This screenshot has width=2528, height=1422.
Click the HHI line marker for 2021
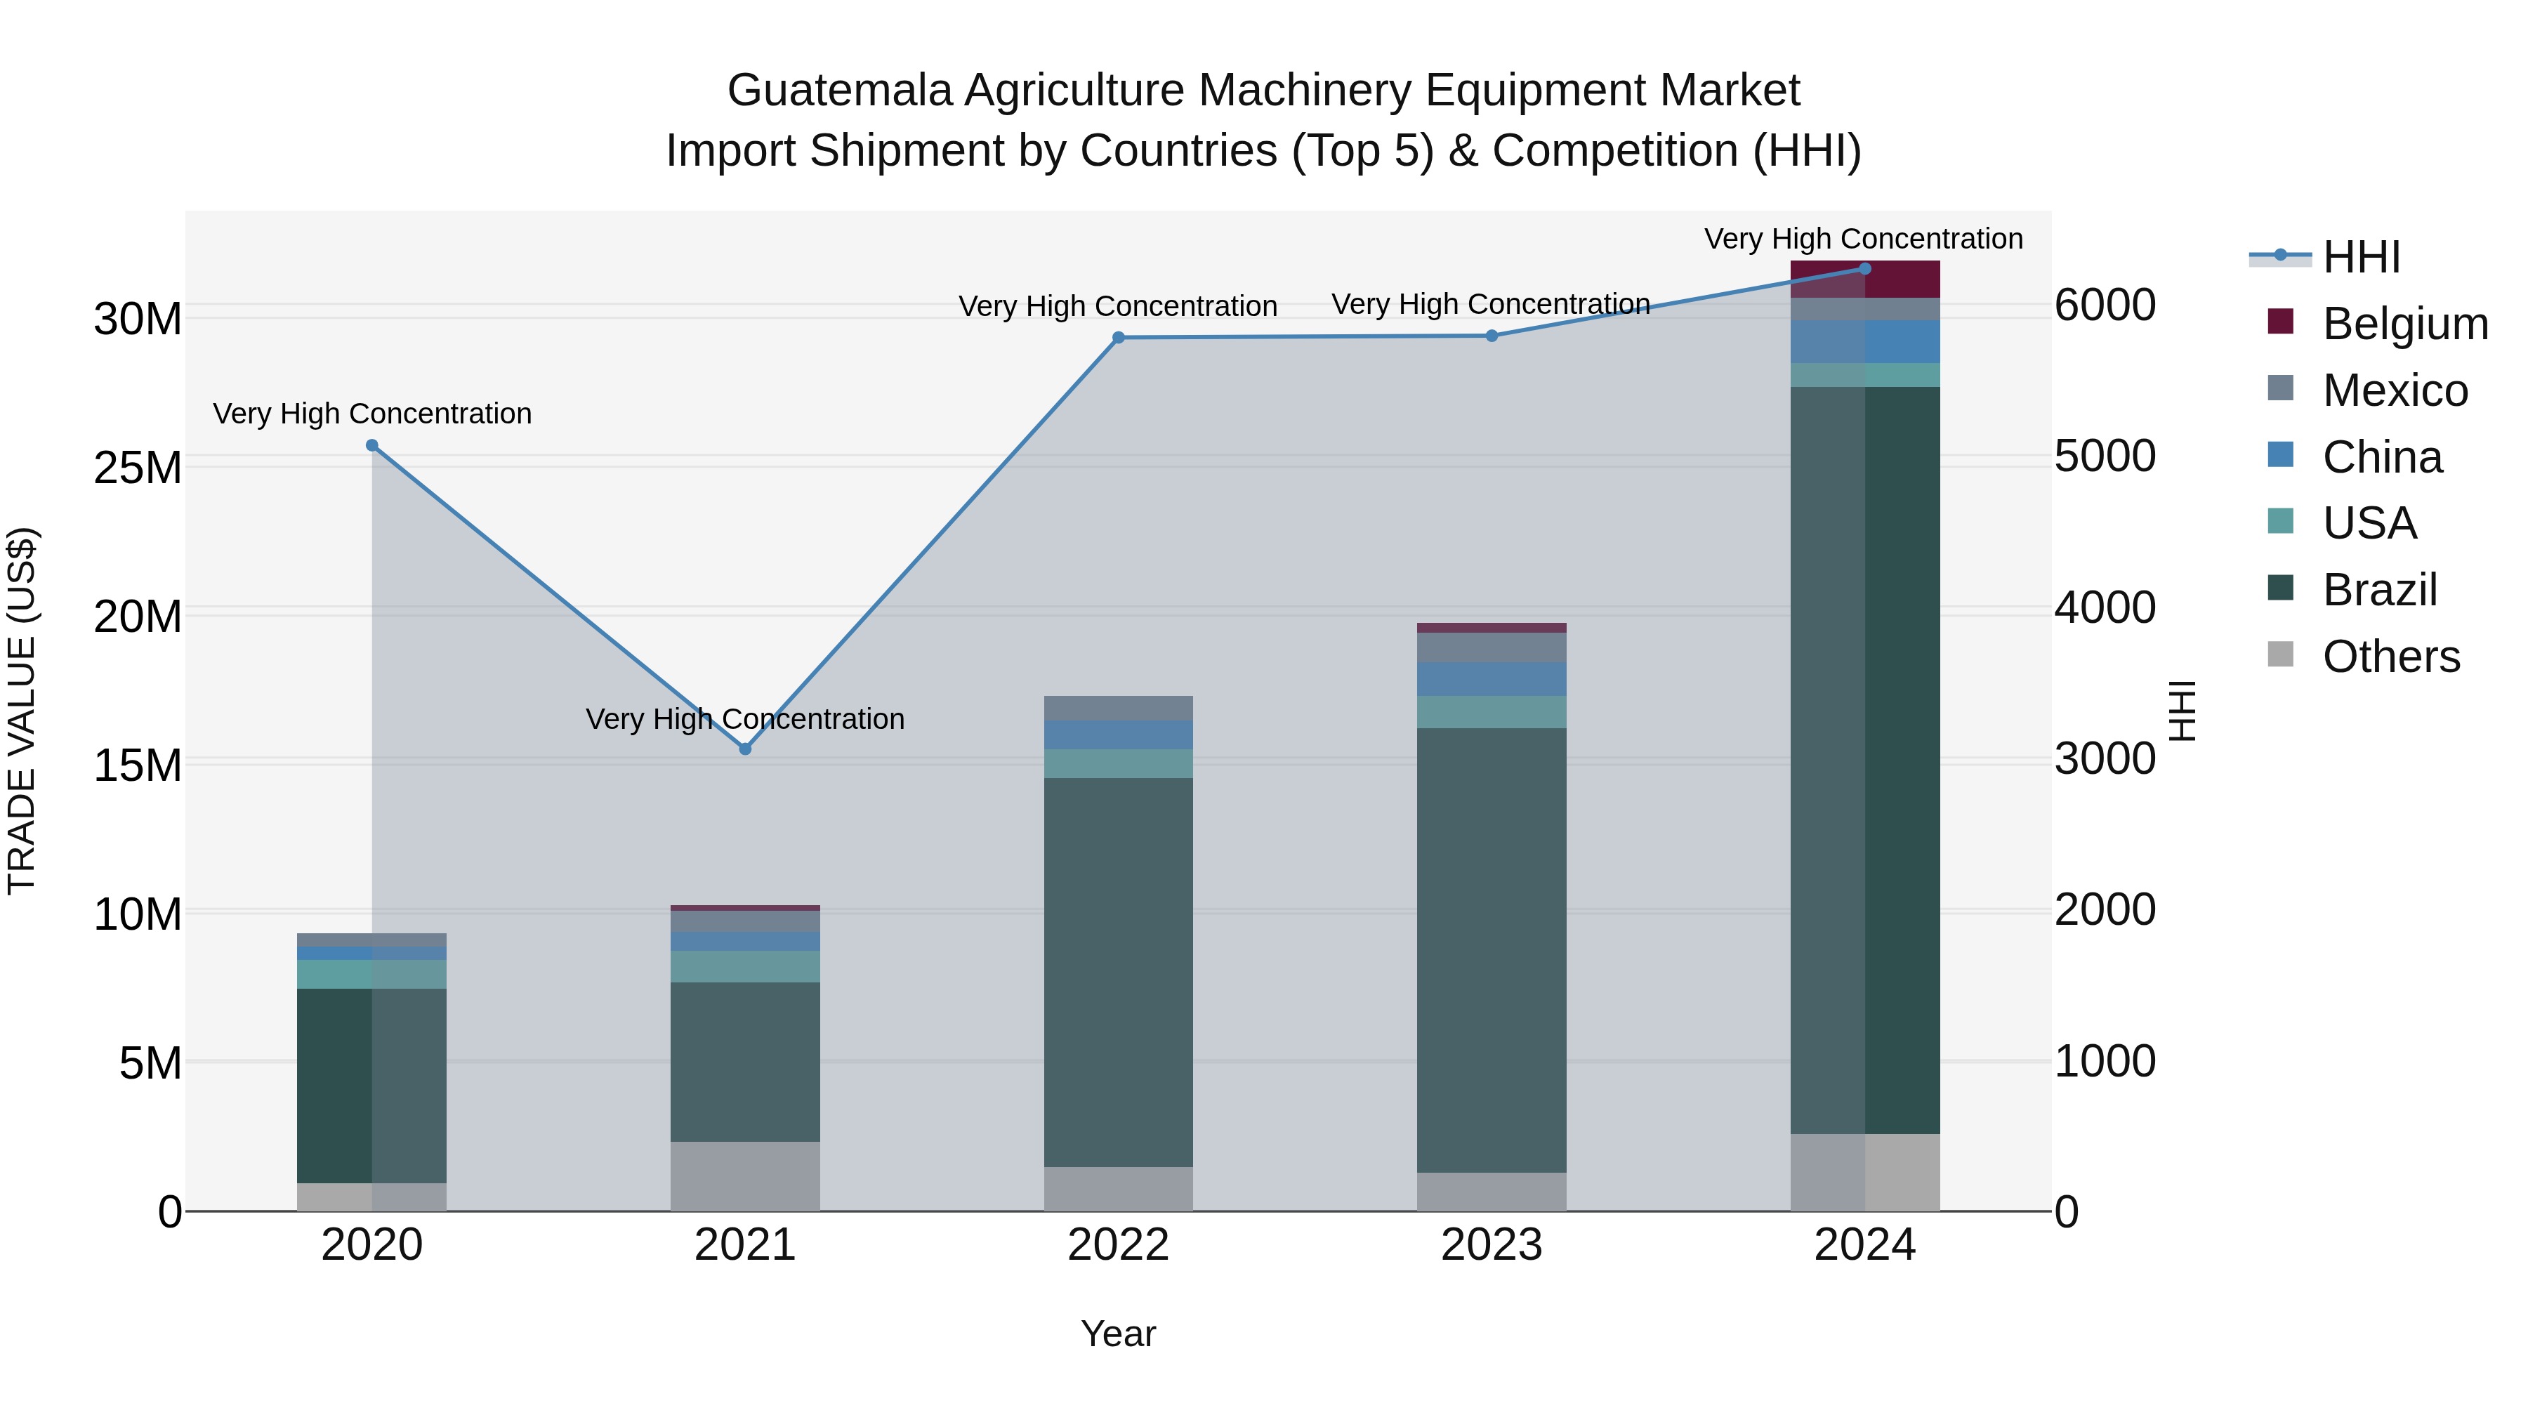745,749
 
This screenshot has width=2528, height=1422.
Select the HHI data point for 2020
372,445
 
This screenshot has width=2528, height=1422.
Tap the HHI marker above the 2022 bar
1118,338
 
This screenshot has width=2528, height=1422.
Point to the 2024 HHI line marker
1864,269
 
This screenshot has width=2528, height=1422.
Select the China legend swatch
2281,455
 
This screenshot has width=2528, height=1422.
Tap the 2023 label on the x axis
1491,1245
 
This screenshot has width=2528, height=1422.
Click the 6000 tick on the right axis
2105,305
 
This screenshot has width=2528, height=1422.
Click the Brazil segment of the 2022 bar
1118,972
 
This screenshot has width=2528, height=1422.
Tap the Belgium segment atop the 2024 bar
1864,279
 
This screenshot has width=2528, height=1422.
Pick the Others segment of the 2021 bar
745,1176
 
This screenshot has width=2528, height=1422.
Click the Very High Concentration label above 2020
372,414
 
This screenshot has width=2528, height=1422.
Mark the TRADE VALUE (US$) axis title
22,711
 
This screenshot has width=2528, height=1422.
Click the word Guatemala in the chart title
839,91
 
